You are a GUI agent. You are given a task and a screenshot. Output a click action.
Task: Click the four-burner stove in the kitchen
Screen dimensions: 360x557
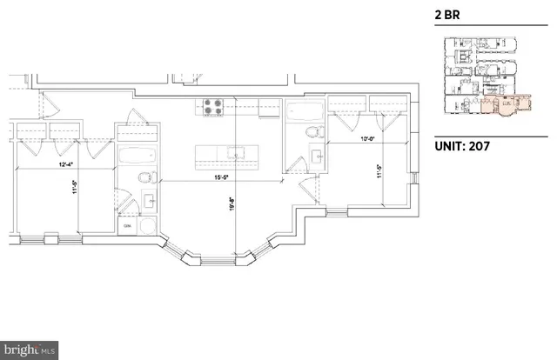point(213,108)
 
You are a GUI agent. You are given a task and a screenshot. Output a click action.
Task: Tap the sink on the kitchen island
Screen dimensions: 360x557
point(233,155)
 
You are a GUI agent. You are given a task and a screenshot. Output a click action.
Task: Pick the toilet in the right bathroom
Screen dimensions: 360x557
point(314,133)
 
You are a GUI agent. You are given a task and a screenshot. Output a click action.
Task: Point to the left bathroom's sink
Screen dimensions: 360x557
point(150,200)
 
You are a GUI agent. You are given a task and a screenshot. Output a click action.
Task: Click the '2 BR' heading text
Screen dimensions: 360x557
point(447,14)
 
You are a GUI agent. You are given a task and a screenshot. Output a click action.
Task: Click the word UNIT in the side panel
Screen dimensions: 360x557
point(451,146)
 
